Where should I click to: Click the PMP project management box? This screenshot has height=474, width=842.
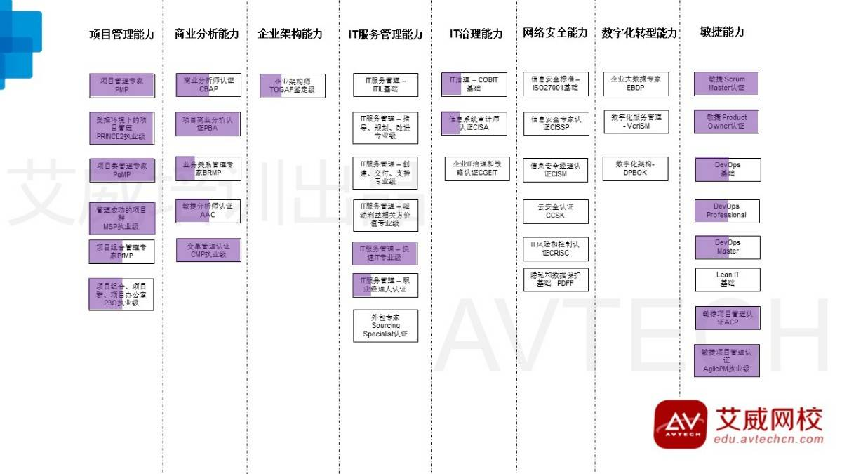121,85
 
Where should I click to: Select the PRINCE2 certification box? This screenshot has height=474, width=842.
121,128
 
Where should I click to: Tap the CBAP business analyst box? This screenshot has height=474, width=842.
208,85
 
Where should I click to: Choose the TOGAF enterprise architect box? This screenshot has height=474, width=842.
293,86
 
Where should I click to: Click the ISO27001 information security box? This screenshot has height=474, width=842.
556,84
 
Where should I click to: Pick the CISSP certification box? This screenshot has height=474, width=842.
556,124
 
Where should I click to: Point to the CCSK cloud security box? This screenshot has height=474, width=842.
556,211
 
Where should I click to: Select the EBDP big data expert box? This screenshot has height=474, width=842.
636,84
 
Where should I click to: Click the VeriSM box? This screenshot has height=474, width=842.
636,121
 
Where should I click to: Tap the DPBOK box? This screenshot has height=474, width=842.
636,169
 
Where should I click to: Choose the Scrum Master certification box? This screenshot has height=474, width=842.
727,84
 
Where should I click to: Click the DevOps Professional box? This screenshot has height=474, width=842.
727,211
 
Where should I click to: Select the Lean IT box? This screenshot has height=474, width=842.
728,279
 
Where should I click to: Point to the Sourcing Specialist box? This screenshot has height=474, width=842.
385,326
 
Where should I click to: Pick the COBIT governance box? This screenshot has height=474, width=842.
474,84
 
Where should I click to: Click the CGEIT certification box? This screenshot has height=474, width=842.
476,169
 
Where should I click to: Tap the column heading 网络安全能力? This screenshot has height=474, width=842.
555,33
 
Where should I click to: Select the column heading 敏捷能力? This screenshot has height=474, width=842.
722,32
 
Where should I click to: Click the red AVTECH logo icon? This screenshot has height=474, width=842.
680,424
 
